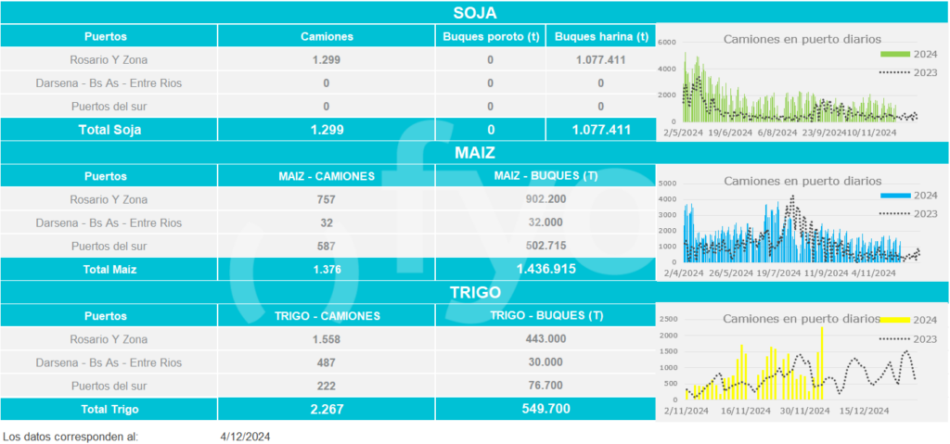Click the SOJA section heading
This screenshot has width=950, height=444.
point(475,13)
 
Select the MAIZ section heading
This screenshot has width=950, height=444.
point(475,152)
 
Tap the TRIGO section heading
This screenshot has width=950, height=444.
point(475,291)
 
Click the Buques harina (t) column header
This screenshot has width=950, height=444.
point(600,37)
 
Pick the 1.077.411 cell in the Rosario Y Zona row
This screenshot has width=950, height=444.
point(600,60)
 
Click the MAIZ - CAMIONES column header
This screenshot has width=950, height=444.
point(327,176)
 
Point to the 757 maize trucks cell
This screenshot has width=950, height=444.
point(327,199)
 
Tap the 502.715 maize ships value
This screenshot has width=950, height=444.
point(545,246)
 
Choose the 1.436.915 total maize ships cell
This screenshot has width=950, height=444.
point(545,269)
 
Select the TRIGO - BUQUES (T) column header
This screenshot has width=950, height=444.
point(545,315)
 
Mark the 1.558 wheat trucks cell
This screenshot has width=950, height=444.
point(327,339)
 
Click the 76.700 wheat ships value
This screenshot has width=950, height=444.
point(545,386)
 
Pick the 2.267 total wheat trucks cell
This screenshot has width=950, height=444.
point(327,409)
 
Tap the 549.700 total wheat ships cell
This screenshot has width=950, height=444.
point(545,409)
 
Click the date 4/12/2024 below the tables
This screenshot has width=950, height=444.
point(246,436)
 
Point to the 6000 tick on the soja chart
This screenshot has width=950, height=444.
point(667,43)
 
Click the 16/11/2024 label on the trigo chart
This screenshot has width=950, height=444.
point(742,411)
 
